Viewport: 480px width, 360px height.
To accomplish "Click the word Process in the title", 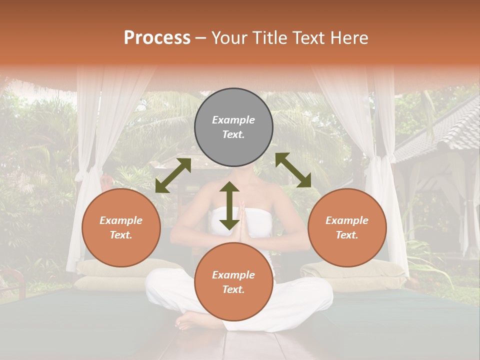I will (157, 38).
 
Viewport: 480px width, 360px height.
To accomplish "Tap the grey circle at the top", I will (233, 127).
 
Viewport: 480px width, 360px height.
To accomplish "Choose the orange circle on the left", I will (121, 227).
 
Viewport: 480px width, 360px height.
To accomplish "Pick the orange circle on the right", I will (347, 227).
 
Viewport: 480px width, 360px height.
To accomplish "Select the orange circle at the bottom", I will (233, 281).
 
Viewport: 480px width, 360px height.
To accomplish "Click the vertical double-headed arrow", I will (229, 206).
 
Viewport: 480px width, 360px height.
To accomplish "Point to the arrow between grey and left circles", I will (173, 175).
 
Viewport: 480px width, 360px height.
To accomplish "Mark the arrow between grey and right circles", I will (293, 170).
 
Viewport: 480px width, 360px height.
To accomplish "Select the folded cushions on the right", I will (352, 275).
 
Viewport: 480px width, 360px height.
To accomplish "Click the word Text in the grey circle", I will (233, 135).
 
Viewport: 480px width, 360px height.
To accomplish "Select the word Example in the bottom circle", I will (233, 274).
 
